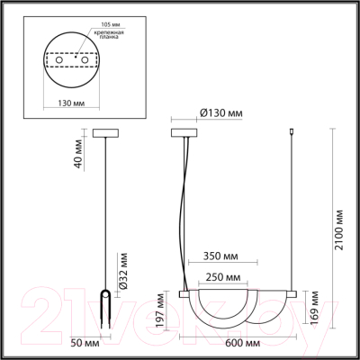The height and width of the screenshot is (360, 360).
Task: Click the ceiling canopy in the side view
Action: tap(106, 131)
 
